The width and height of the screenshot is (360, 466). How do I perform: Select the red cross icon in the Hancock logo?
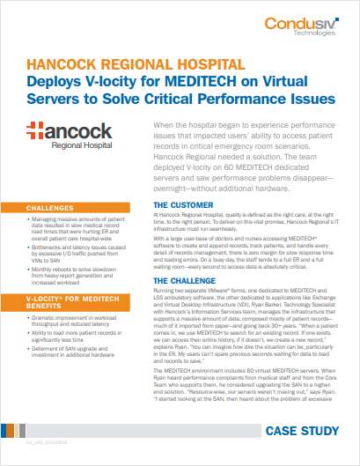[x=38, y=133]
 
